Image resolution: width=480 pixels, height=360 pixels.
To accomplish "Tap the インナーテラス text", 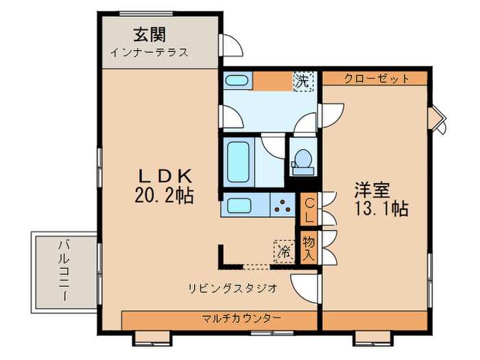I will tap(149, 52).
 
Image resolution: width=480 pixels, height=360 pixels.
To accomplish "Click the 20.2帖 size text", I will tap(164, 196).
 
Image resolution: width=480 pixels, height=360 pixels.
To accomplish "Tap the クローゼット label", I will tap(376, 78).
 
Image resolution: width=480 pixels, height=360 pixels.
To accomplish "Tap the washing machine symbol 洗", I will tap(302, 81).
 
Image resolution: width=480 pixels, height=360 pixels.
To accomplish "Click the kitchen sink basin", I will tap(240, 205).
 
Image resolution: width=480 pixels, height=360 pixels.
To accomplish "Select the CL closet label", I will tap(309, 210).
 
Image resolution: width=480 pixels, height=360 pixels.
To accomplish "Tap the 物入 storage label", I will tap(309, 248).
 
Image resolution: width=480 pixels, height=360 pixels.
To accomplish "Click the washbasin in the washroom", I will tap(237, 81).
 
